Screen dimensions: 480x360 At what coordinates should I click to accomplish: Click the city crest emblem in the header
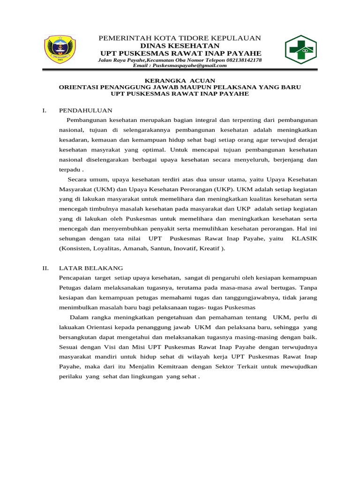tap(60, 50)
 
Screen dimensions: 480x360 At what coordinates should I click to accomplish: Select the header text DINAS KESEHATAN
tap(180, 45)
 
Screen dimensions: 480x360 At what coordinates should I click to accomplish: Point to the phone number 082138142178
tap(243, 60)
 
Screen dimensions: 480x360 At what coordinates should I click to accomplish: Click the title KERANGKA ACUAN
tap(180, 81)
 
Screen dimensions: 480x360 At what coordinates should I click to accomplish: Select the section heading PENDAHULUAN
tap(86, 111)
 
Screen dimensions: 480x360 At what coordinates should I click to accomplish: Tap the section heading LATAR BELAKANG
tap(91, 268)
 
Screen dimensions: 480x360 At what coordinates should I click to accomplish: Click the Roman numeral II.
tap(45, 268)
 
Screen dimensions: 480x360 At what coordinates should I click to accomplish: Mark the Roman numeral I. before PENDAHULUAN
tap(44, 111)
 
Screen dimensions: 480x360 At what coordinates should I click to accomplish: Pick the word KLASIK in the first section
tap(304, 239)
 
